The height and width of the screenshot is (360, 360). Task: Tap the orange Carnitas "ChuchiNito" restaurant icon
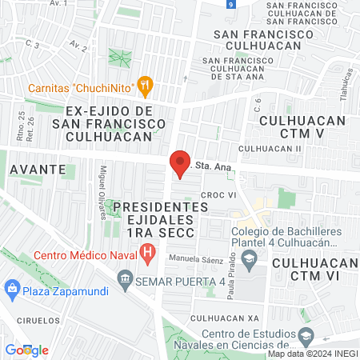coord(145,84)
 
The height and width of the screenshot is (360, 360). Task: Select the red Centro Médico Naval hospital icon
coord(147,255)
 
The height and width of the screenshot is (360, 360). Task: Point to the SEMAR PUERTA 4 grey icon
coord(125,279)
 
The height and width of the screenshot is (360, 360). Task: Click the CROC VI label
coord(218,194)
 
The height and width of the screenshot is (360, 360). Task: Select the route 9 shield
coord(230,5)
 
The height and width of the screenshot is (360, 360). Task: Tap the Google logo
coord(26,350)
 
